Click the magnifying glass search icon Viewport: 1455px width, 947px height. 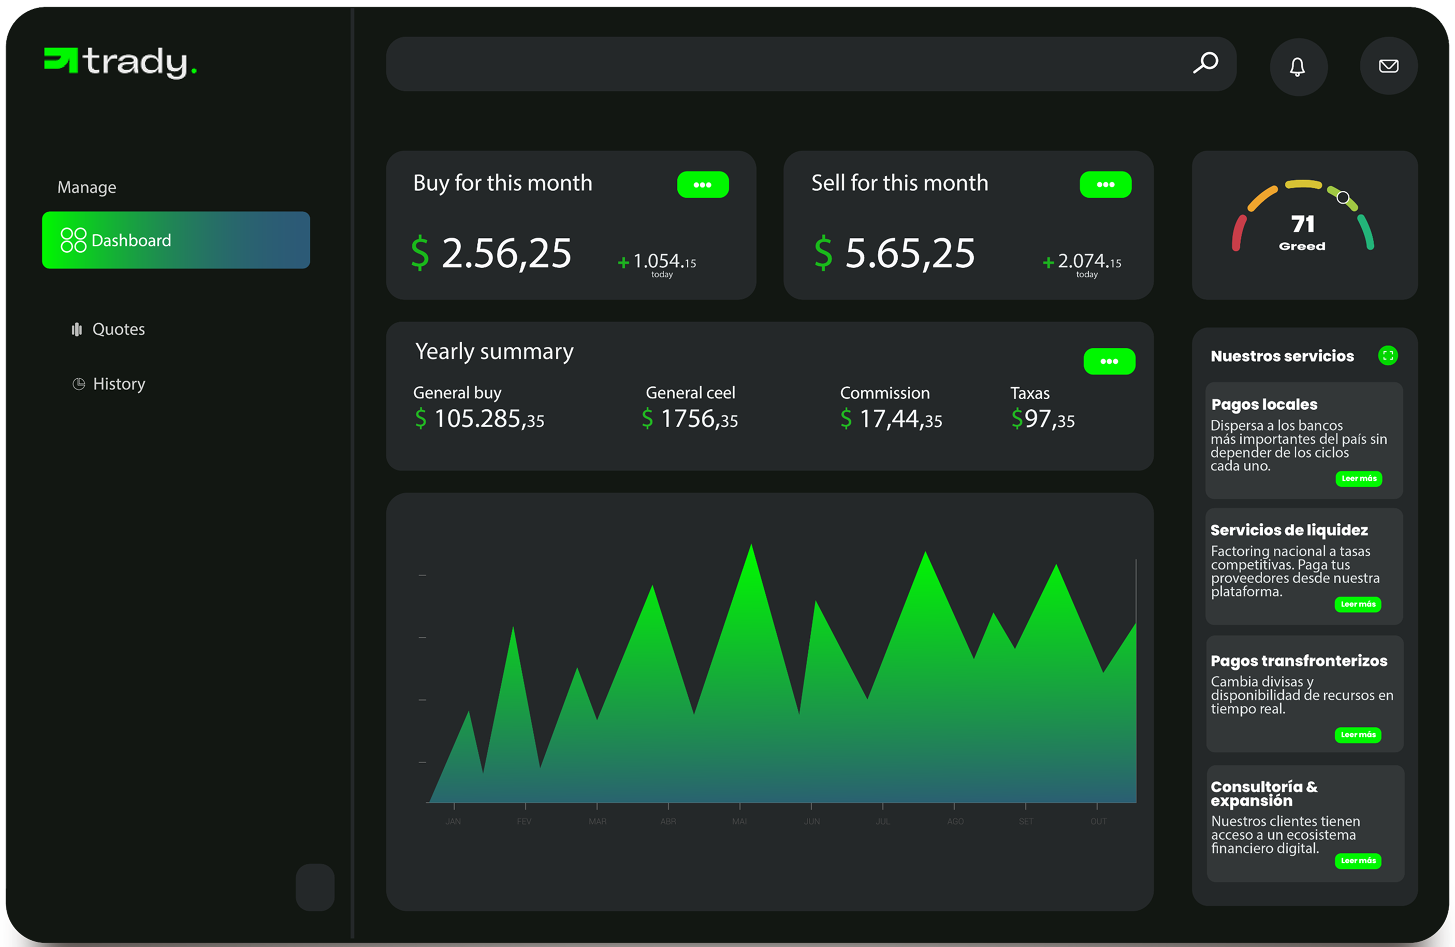click(x=1205, y=63)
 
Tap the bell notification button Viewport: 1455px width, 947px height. click(x=1297, y=67)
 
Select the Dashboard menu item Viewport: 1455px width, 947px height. click(x=176, y=240)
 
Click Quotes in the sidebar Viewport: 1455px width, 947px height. click(x=118, y=329)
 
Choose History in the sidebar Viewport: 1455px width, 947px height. click(x=119, y=383)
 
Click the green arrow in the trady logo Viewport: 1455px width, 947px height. click(x=61, y=60)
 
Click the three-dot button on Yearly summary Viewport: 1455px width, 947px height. click(x=1109, y=362)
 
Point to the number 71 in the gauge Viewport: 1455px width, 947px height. click(x=1302, y=224)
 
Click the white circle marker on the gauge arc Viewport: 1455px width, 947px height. click(x=1343, y=197)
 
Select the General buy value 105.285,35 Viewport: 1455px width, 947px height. click(x=488, y=419)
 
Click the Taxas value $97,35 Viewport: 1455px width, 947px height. click(x=1042, y=419)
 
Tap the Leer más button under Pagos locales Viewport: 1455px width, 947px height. click(x=1358, y=478)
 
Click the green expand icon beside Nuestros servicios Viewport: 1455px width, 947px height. click(x=1388, y=355)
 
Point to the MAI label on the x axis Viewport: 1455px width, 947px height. click(x=739, y=821)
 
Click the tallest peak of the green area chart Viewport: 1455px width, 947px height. click(x=751, y=548)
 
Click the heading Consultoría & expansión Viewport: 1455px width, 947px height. click(x=1263, y=794)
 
